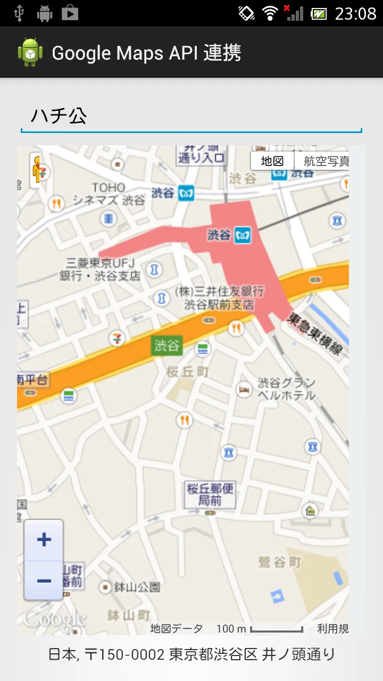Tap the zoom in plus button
(x=44, y=540)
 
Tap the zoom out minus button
(x=44, y=580)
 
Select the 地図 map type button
(x=272, y=161)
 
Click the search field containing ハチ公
(x=191, y=116)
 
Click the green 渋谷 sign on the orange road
(x=167, y=346)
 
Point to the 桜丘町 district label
(x=188, y=372)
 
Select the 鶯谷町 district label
(x=280, y=562)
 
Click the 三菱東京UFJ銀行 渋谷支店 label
(x=101, y=269)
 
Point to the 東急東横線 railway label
(x=315, y=335)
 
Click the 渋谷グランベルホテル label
(x=286, y=389)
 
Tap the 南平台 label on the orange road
(x=32, y=380)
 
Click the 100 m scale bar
(x=276, y=629)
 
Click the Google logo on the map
(x=54, y=619)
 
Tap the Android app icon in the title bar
(x=30, y=53)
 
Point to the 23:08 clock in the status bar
(x=355, y=13)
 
